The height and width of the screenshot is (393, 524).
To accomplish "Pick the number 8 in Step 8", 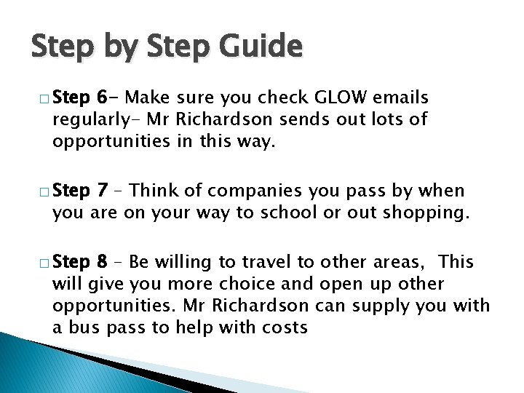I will pos(103,261).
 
